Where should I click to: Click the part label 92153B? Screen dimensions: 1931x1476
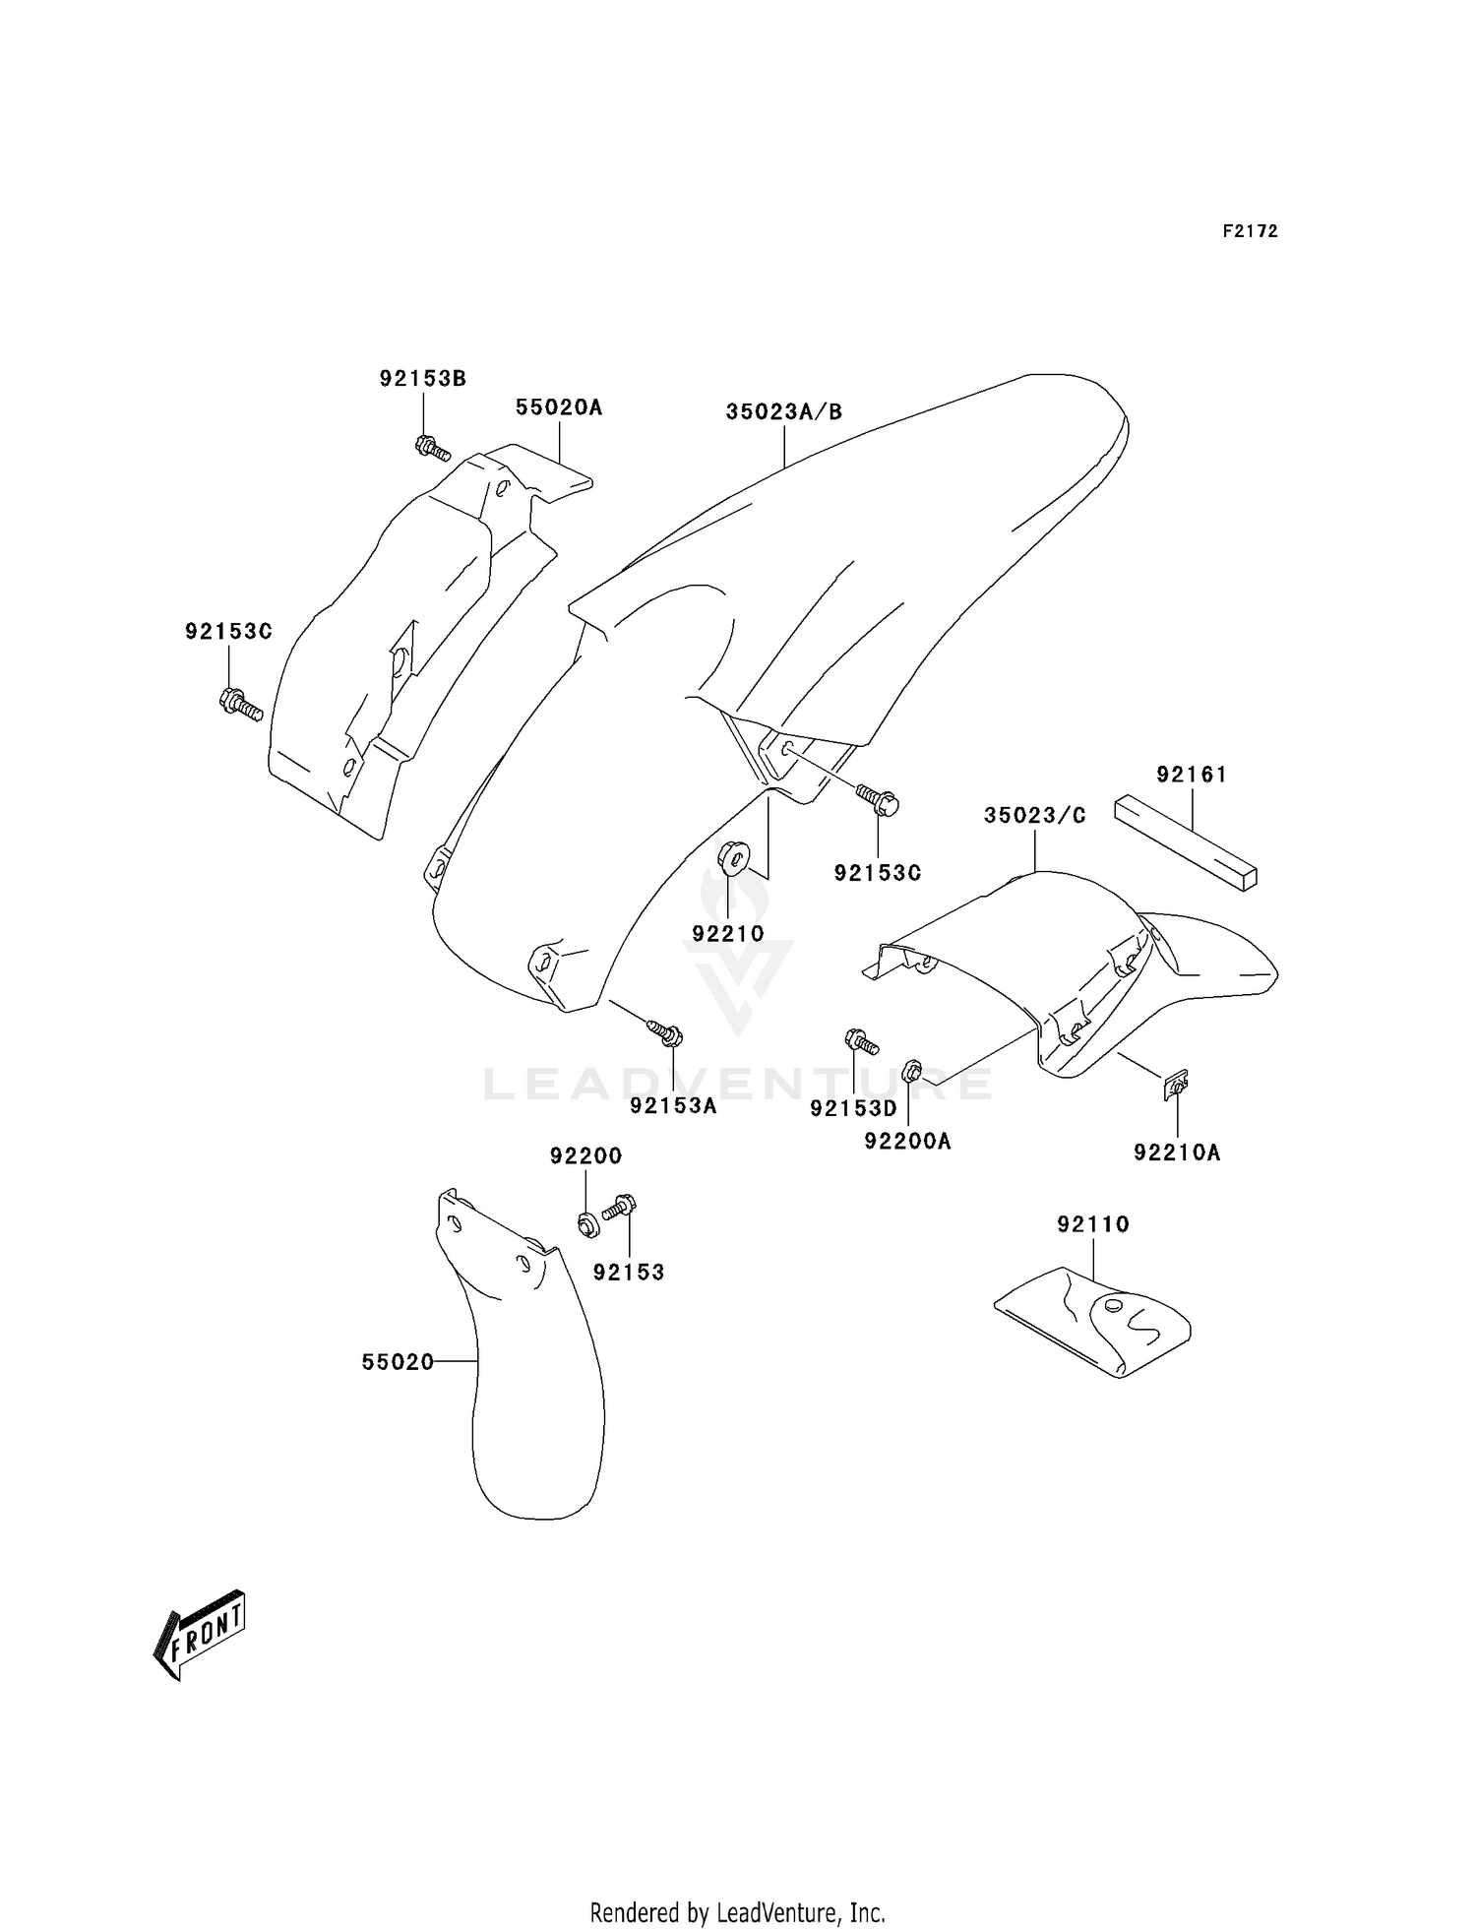point(422,378)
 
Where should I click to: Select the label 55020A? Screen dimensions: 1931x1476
point(558,406)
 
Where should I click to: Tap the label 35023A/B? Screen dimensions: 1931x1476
point(784,411)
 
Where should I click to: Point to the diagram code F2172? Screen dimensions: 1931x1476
point(1250,231)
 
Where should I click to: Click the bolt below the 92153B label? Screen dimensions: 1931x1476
point(431,448)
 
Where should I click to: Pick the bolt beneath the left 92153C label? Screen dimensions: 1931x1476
point(239,704)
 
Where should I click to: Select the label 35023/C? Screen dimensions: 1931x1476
point(1035,816)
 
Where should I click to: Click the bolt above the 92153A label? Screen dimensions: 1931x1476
point(666,1032)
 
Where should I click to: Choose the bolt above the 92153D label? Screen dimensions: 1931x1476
point(861,1039)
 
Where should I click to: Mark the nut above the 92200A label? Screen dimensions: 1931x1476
point(912,1071)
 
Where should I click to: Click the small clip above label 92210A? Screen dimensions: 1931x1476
point(1175,1086)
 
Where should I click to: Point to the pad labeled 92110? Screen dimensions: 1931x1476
point(1092,1319)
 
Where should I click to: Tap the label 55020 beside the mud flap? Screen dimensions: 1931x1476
point(398,1362)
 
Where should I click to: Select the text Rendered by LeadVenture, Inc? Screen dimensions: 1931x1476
point(737,1912)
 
